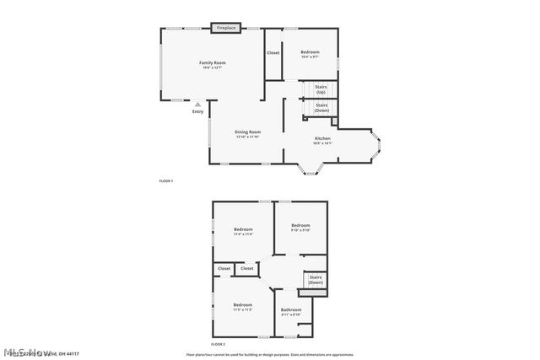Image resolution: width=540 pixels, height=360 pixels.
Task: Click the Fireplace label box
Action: pyautogui.click(x=225, y=28)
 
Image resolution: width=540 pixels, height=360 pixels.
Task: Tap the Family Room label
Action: pyautogui.click(x=212, y=64)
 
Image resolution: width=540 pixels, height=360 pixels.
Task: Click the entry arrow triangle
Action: pyautogui.click(x=197, y=104)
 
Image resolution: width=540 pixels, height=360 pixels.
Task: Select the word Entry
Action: pyautogui.click(x=197, y=111)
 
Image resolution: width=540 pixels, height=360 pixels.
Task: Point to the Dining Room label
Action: pyautogui.click(x=247, y=133)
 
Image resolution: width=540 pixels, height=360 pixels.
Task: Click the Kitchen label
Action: pyautogui.click(x=322, y=140)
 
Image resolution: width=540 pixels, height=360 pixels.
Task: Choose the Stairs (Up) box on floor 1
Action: pyautogui.click(x=321, y=89)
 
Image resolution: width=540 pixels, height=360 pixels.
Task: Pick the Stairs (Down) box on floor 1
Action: pyautogui.click(x=321, y=109)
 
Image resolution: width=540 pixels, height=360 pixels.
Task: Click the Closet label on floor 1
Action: pyautogui.click(x=273, y=53)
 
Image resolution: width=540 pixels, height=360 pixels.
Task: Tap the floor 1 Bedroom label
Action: pyautogui.click(x=310, y=54)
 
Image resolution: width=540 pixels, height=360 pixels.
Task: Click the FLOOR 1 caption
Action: pyautogui.click(x=165, y=181)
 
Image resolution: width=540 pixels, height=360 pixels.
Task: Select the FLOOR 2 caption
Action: pyautogui.click(x=218, y=344)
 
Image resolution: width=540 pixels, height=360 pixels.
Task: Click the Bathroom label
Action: pyautogui.click(x=291, y=311)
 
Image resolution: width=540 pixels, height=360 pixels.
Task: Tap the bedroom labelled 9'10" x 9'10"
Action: pyautogui.click(x=301, y=227)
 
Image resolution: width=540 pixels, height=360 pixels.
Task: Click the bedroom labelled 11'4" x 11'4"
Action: pyautogui.click(x=243, y=232)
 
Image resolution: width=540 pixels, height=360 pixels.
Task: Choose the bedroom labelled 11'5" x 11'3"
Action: pyautogui.click(x=243, y=306)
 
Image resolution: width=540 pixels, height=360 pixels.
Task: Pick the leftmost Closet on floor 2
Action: pyautogui.click(x=224, y=269)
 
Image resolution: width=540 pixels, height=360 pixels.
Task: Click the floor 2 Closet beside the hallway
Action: pyautogui.click(x=246, y=269)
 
